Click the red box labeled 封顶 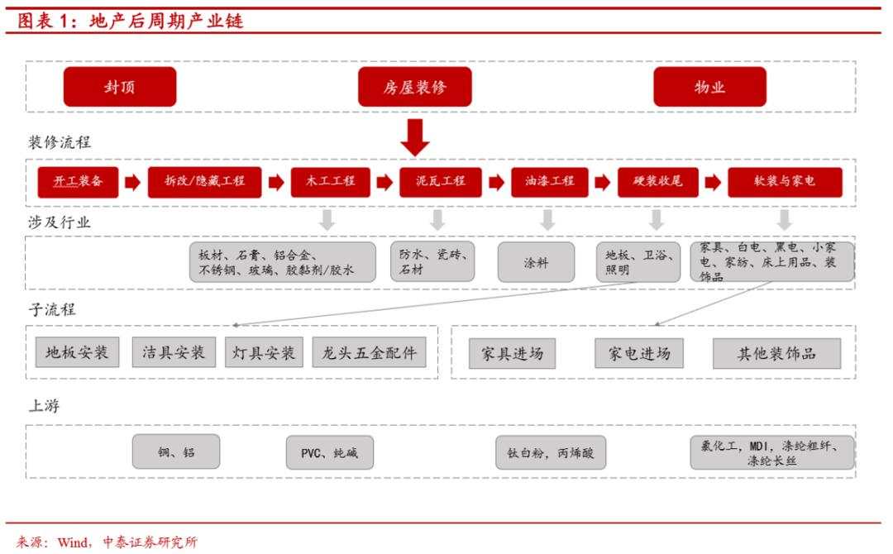[120, 87]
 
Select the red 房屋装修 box [414, 87]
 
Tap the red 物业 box [709, 87]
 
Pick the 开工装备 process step [79, 182]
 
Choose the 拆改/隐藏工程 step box [204, 182]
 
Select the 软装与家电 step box [785, 182]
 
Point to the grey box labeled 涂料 [536, 262]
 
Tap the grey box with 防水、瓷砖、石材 [432, 262]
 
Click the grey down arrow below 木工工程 [327, 220]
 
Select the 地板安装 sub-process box [78, 352]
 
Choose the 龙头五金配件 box [370, 352]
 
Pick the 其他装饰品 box [776, 353]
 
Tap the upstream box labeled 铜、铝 [176, 452]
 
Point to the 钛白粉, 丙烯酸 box [551, 452]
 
